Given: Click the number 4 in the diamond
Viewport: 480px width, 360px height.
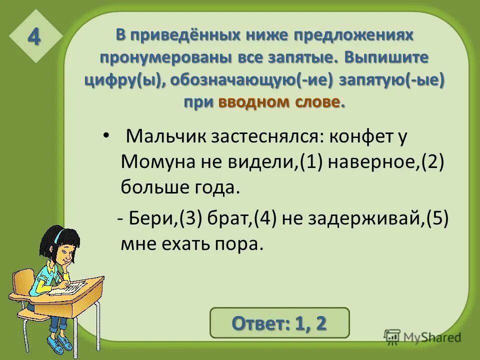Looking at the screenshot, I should [x=34, y=37].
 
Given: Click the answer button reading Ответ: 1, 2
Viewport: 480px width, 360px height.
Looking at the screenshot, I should [x=279, y=322].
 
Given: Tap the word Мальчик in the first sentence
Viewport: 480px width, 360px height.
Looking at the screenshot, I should [x=162, y=136].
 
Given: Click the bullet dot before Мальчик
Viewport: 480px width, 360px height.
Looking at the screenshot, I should [x=105, y=136].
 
